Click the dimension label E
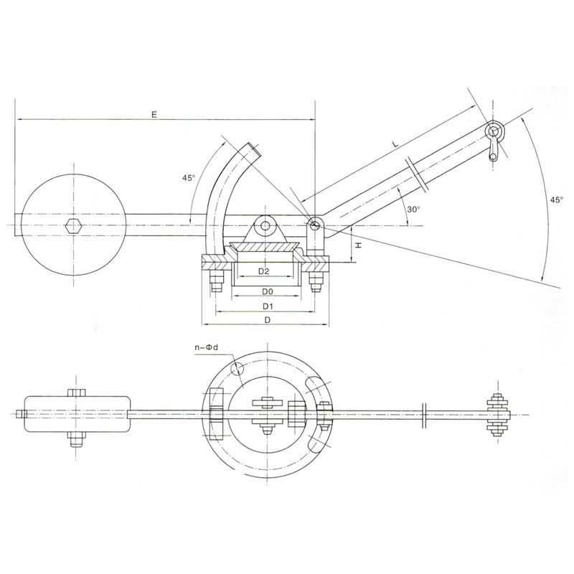[x=154, y=114]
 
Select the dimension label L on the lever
[x=395, y=144]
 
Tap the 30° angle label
[x=414, y=210]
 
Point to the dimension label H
[x=359, y=245]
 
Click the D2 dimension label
[x=263, y=271]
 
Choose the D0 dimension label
[x=268, y=291]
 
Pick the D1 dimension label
[x=268, y=306]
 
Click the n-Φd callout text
[x=206, y=347]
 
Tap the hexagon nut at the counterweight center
[x=74, y=225]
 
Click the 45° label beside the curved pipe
[x=189, y=177]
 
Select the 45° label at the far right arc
[x=557, y=199]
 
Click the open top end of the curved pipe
[x=255, y=150]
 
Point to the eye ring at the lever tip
[x=494, y=132]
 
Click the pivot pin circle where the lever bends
[x=314, y=225]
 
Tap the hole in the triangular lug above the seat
[x=264, y=225]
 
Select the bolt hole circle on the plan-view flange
[x=237, y=368]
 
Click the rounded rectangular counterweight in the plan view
[x=77, y=414]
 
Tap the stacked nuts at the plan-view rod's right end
[x=497, y=415]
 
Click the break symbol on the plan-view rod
[x=423, y=415]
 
